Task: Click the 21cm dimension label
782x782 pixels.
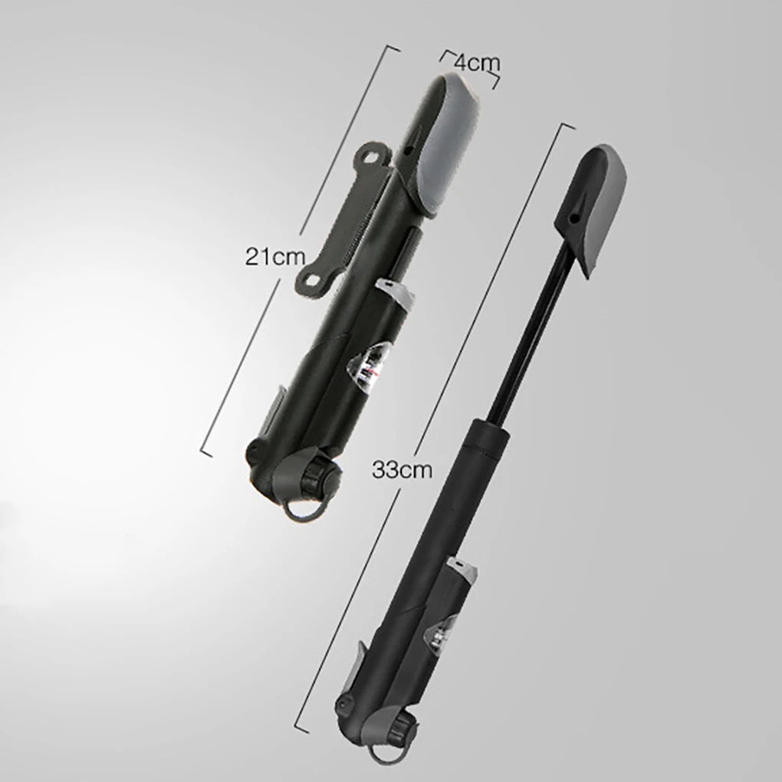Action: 274,258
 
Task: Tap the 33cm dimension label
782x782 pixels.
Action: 402,470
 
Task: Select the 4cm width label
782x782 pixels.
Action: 477,64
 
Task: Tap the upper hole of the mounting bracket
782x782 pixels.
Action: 373,155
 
